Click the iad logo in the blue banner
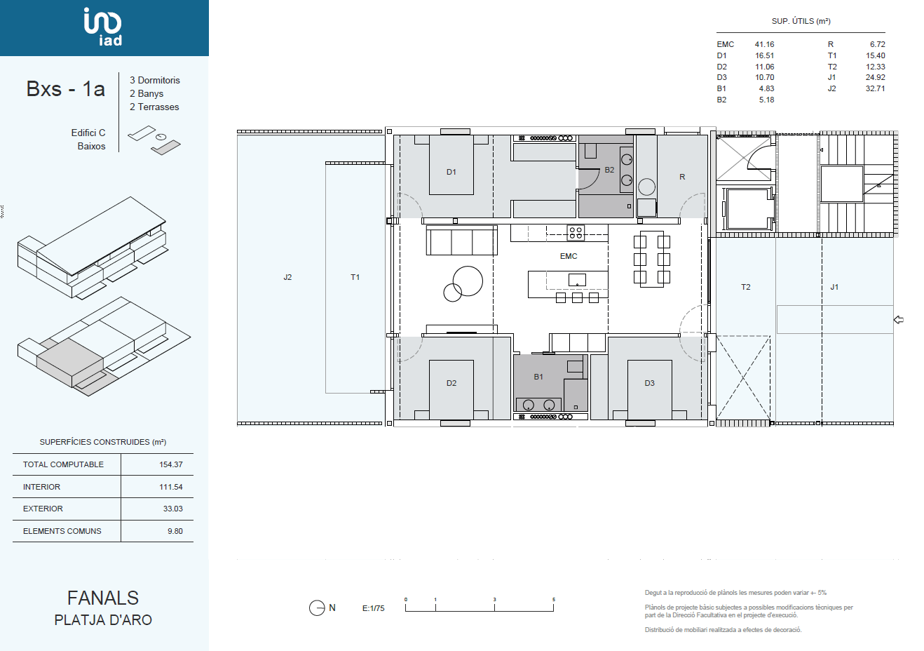pos(103,27)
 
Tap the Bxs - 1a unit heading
pos(66,89)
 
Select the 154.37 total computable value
pos(171,464)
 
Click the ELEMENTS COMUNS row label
pos(62,531)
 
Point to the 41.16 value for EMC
pos(764,44)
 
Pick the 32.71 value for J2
pos(875,88)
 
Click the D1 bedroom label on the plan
pos(451,172)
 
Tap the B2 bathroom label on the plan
pos(609,170)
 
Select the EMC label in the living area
pos(569,256)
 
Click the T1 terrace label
pos(355,277)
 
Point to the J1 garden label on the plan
pos(834,287)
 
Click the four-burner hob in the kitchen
pos(576,232)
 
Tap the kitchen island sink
pos(577,280)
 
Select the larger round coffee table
pos(468,281)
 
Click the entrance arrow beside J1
pos(899,319)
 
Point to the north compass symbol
pos(317,608)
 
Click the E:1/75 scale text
pos(373,608)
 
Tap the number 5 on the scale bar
pos(554,599)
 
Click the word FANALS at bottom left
pos(103,598)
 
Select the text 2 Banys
pos(147,94)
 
